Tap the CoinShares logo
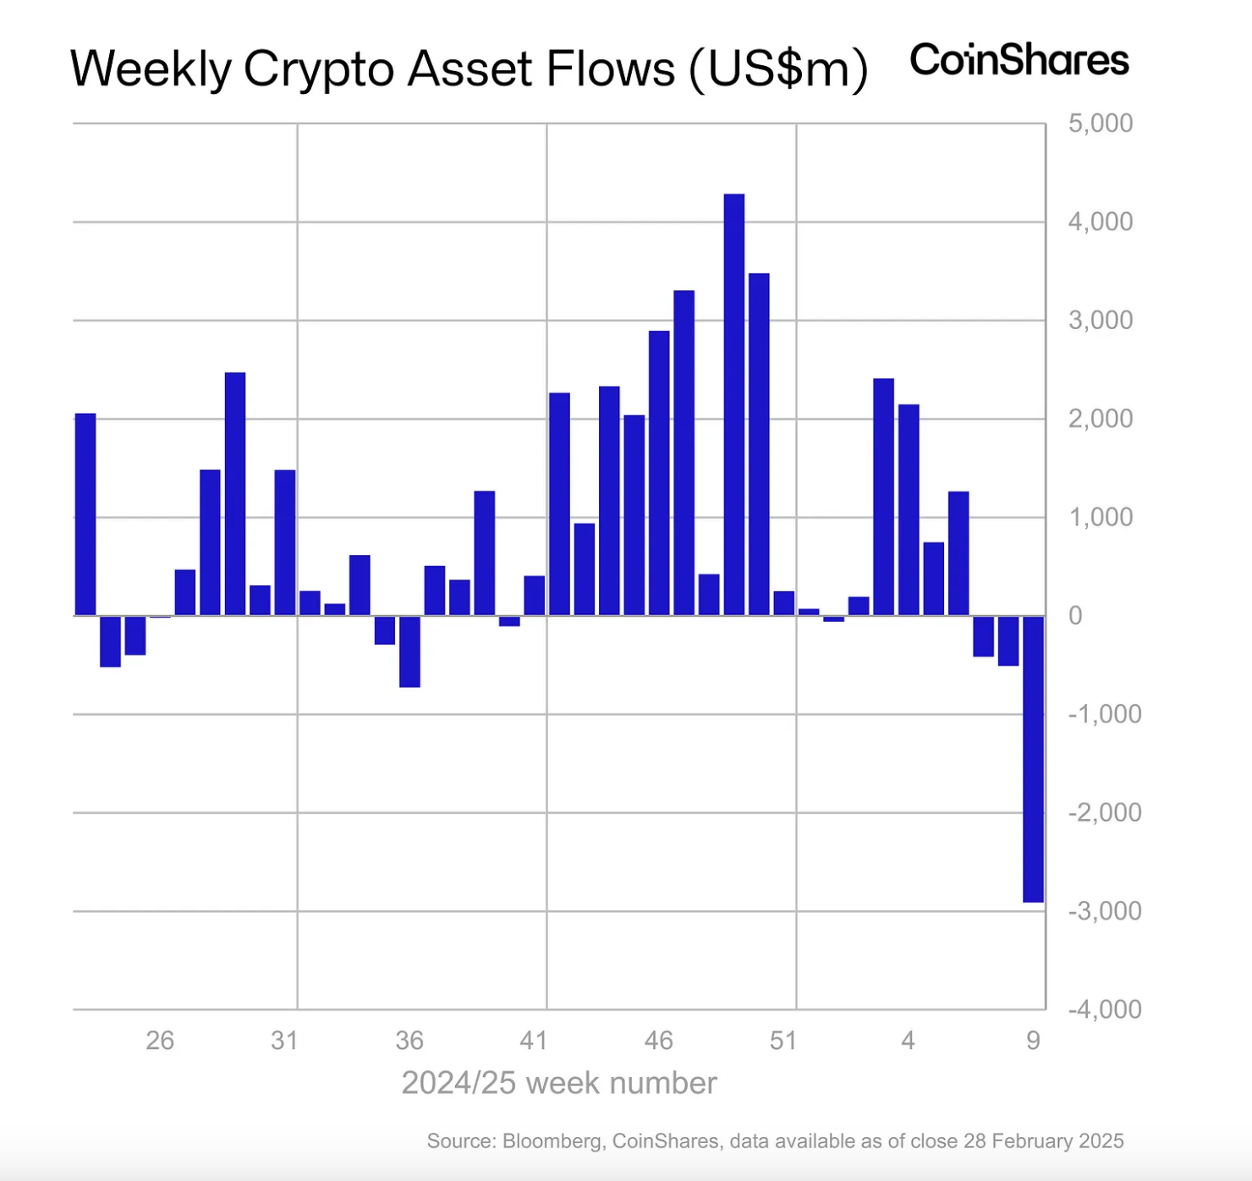coord(1019,61)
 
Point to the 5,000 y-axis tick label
coord(1100,124)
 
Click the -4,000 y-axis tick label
coord(1104,1009)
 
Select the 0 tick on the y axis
coord(1075,616)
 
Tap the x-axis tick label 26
coord(160,1041)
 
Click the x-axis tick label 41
coord(534,1041)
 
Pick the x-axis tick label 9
coord(1033,1041)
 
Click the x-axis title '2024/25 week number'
coord(559,1084)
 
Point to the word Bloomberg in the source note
coord(552,1141)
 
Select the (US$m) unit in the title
coord(778,69)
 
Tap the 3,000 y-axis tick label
coord(1100,321)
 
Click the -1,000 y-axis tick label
coord(1104,714)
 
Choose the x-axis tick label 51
coord(783,1041)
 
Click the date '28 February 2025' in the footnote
coord(1043,1141)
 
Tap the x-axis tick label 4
coord(908,1041)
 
